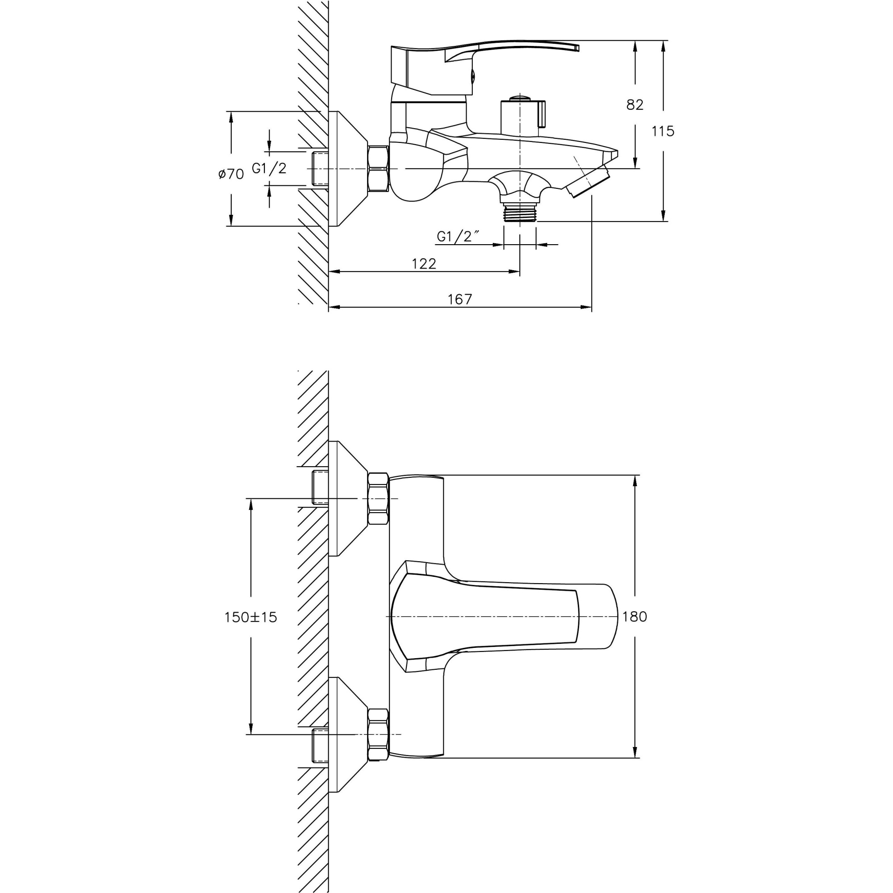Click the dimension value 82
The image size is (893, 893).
634,105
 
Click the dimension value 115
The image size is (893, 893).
663,131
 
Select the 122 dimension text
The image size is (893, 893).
424,263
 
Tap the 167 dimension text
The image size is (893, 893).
460,300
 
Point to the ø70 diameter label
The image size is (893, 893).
231,174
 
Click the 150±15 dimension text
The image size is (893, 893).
250,617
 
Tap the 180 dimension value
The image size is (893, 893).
634,617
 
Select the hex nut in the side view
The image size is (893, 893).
378,169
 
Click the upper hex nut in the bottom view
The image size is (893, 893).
378,498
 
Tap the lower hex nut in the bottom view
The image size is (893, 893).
378,734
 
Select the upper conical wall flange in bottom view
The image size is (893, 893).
347,498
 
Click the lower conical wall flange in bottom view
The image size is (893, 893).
347,734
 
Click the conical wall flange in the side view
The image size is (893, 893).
347,169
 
